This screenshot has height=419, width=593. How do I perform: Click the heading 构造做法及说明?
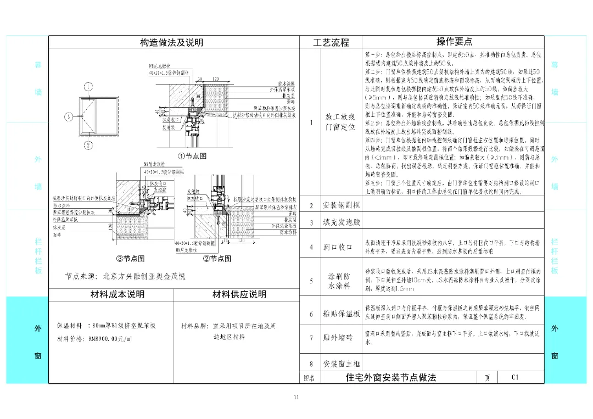pos(171,42)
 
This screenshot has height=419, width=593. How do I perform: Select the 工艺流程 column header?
pos(331,42)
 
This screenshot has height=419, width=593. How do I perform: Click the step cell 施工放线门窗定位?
pos(340,122)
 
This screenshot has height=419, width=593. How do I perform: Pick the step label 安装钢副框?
pos(341,205)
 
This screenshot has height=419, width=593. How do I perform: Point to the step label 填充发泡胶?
pos(341,222)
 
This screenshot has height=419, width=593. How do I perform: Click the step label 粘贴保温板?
pos(341,314)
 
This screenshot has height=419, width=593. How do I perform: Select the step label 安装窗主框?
pos(341,364)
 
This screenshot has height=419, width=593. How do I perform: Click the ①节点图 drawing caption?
pos(192,156)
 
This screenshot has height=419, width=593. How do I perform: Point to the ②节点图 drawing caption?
pos(217,259)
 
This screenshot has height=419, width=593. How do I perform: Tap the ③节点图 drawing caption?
pos(130,259)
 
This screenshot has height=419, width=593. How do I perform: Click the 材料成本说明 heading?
pos(117,295)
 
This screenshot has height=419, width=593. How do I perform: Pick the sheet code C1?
pos(514,377)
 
